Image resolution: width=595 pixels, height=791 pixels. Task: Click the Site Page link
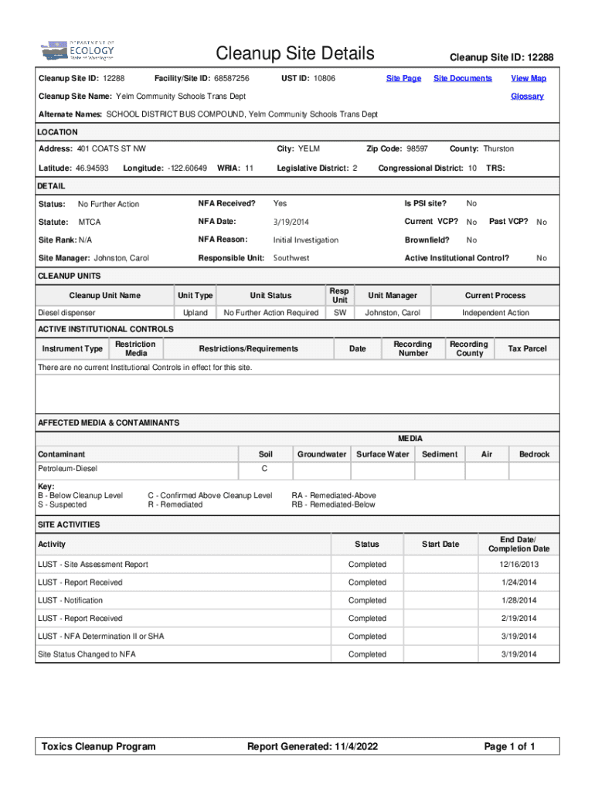pos(403,78)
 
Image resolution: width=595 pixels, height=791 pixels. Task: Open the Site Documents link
pos(462,78)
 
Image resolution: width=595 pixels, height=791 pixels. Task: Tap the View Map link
pos(529,78)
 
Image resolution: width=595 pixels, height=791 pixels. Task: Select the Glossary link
pos(527,97)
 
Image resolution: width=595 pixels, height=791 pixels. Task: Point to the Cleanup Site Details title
pos(295,53)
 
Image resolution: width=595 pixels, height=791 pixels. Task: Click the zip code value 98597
pos(417,148)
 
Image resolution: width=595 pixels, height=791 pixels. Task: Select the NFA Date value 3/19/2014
pos(291,222)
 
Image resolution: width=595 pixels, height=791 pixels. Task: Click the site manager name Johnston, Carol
pos(121,258)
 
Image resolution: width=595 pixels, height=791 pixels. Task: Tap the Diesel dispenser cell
pos(67,313)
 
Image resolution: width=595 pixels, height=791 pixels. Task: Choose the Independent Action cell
pos(495,313)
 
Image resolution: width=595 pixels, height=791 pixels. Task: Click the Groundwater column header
pos(321,454)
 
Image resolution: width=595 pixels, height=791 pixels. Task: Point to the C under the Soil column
pos(264,469)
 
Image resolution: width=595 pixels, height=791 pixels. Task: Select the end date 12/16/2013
pos(518,565)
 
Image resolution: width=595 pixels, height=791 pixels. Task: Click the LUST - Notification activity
pos(70,600)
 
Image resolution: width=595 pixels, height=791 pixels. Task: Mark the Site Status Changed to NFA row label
pos(87,654)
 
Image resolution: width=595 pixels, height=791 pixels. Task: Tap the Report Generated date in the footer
pos(312,746)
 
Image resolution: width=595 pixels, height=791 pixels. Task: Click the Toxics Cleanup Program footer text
pos(99,746)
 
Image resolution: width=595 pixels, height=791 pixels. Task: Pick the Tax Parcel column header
pos(527,349)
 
